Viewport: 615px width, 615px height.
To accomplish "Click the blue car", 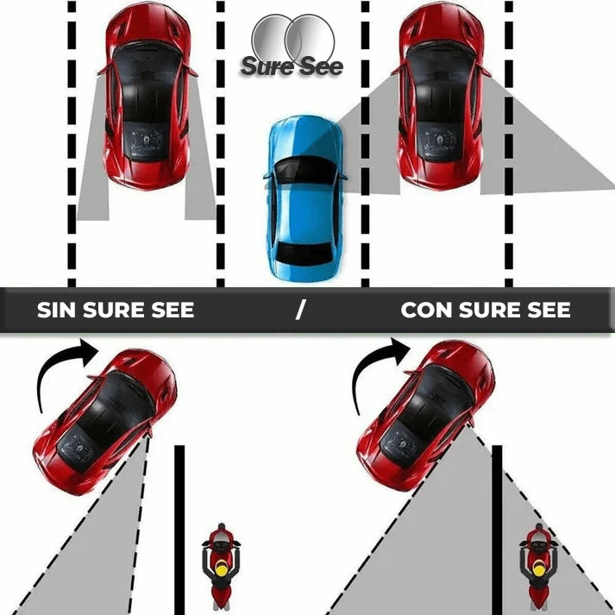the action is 304,198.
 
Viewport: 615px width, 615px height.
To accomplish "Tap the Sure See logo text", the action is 292,66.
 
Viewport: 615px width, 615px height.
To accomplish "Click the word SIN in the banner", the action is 56,310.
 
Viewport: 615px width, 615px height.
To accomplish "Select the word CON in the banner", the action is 426,310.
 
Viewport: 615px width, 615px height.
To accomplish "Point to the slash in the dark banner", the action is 300,310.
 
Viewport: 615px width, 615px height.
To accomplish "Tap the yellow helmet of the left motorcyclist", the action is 221,568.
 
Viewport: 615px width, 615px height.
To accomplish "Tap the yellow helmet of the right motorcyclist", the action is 538,568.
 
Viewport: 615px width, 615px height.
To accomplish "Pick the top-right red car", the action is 441,96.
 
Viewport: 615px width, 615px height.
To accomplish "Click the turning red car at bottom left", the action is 104,422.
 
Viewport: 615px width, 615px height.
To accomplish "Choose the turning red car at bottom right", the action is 425,416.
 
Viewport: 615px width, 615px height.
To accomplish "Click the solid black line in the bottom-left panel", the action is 179,530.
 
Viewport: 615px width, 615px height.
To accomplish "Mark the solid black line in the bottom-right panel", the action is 497,530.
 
